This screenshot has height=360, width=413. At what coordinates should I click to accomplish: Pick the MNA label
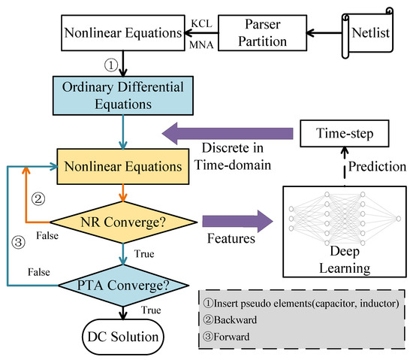(x=179, y=45)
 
